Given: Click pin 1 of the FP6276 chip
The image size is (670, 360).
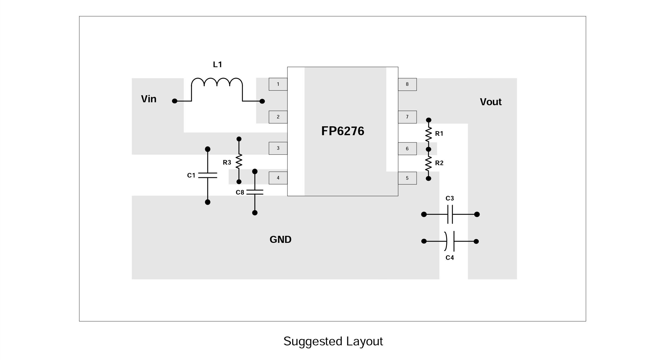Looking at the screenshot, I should [278, 84].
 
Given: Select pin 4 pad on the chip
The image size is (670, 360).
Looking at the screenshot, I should [278, 178].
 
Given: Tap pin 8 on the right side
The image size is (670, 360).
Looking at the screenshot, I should [407, 84].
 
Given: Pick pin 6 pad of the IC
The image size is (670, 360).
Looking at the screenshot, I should [407, 148].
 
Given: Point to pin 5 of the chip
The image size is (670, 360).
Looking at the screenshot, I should [407, 178].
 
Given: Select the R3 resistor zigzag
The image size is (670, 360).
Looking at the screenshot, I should [239, 161].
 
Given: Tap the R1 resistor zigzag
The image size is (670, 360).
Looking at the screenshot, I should [428, 134].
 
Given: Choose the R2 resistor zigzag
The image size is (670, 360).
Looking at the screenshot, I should [428, 164].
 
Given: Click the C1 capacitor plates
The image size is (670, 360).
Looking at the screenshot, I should [207, 175].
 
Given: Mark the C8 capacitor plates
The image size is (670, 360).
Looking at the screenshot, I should [255, 192].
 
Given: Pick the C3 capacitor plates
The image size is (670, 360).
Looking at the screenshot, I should [450, 214].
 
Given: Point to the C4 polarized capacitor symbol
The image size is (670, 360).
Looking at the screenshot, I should [450, 241].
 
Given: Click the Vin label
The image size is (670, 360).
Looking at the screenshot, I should [149, 99].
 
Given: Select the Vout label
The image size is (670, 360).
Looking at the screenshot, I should [490, 102].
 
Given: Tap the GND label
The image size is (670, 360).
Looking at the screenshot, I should [280, 240].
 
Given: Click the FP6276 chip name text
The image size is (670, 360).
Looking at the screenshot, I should [342, 131].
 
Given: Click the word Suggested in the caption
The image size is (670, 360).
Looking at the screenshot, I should [313, 341].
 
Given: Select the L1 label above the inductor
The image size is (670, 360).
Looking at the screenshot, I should [217, 64].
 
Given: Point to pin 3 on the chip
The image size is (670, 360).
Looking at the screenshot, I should [278, 148].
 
